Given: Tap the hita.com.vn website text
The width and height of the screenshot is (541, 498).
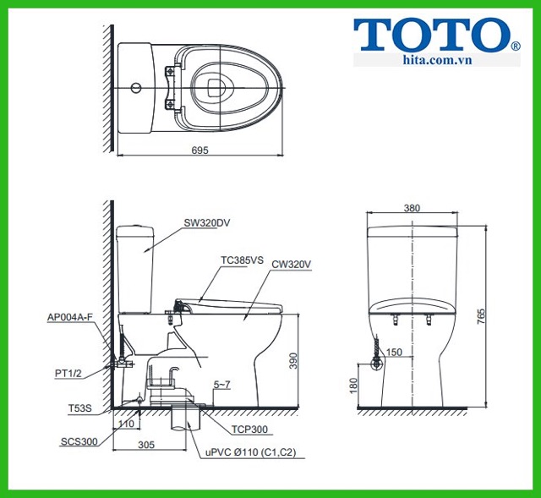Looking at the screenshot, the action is click(x=437, y=60).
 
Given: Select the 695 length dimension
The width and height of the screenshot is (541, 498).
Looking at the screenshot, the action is click(x=200, y=150).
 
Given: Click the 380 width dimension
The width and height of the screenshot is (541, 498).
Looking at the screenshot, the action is click(x=412, y=208).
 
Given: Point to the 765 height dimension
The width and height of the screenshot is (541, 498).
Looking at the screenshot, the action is click(x=481, y=316).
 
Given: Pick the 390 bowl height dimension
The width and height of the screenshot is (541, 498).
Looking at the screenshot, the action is click(x=293, y=361).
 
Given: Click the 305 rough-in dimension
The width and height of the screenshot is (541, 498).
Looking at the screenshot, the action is click(x=146, y=445).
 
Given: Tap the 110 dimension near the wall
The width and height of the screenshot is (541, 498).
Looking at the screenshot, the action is click(x=126, y=424).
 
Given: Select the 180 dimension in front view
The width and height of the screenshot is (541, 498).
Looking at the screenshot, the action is click(x=353, y=386).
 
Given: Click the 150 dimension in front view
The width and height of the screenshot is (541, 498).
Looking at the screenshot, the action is click(x=394, y=352).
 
